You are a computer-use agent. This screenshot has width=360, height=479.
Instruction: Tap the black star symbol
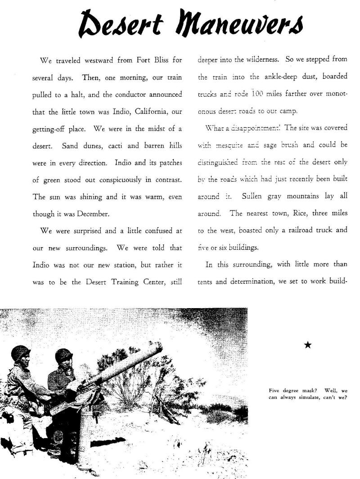coord(308,345)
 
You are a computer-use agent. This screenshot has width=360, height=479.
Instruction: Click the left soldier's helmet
coord(20,352)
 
